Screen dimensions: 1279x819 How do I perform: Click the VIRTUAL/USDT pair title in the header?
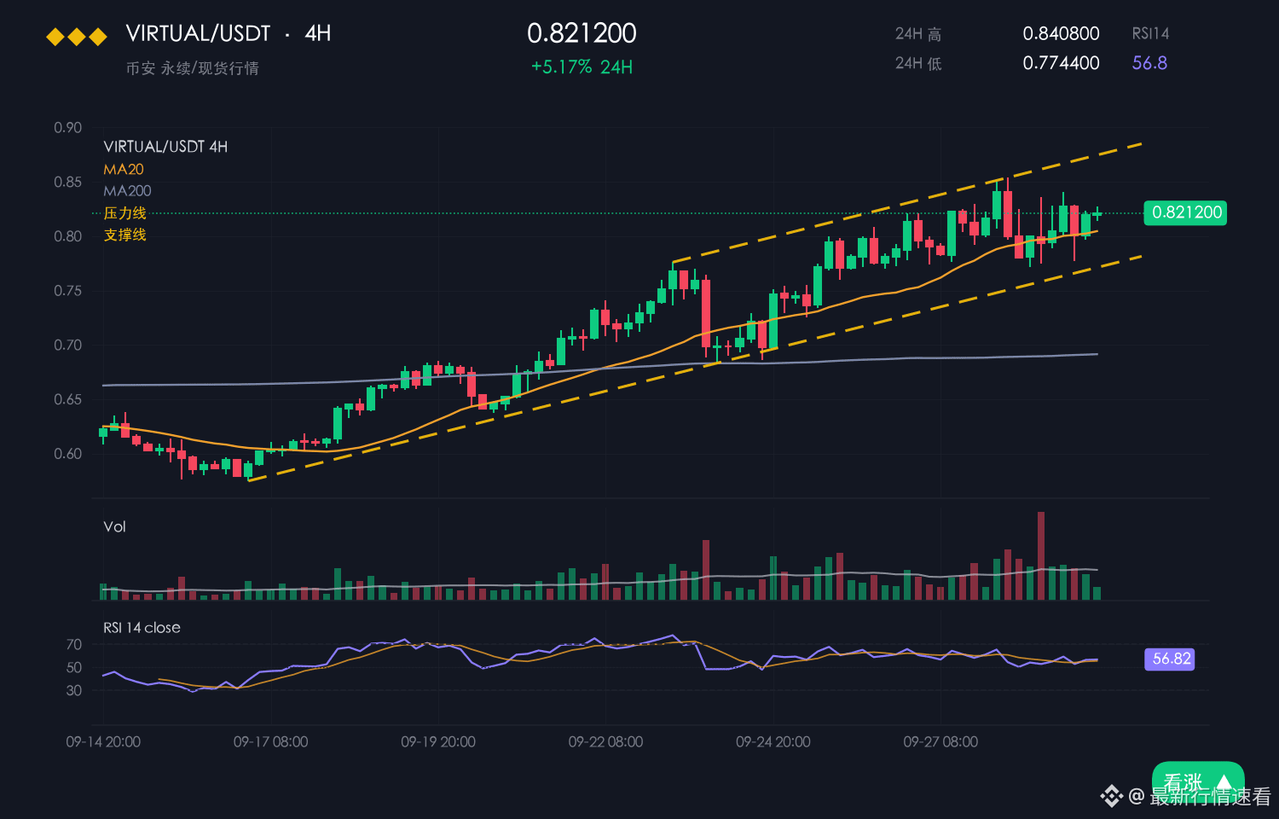(x=198, y=33)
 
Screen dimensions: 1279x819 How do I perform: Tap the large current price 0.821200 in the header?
(x=582, y=33)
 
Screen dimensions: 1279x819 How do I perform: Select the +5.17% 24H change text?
(x=582, y=67)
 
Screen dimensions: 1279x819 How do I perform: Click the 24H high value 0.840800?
(x=1061, y=33)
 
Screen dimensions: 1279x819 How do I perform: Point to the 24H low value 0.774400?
(x=1061, y=63)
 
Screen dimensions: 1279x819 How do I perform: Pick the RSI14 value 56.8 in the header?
(x=1149, y=63)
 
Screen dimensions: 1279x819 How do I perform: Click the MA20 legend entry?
(x=124, y=169)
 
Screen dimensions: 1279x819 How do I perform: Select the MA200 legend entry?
(x=127, y=191)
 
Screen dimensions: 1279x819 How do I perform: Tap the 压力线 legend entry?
(x=125, y=213)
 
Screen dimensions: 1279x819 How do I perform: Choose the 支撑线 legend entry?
(x=125, y=235)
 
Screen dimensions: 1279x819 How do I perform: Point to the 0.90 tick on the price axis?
(x=68, y=127)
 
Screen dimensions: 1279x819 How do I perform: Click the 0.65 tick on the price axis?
(x=68, y=399)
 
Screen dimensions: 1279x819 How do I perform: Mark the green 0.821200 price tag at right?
(x=1185, y=213)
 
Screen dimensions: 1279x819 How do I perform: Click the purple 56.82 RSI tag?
(x=1170, y=659)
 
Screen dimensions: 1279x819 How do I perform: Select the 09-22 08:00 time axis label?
(x=605, y=742)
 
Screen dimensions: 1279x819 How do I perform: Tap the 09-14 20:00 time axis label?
(x=103, y=742)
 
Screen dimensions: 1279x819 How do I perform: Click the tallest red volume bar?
(x=1041, y=555)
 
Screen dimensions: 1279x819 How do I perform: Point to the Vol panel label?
(x=114, y=526)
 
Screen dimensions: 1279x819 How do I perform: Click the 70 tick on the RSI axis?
(x=73, y=644)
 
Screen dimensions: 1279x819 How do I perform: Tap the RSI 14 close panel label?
(x=142, y=628)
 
